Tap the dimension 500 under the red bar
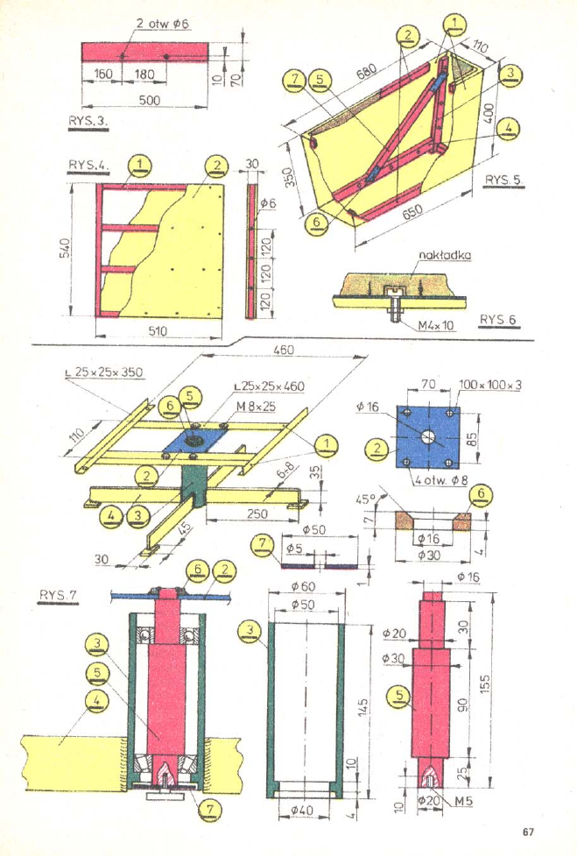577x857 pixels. coord(149,100)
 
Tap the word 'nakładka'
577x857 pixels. coord(445,255)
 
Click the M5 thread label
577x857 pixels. coord(465,801)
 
